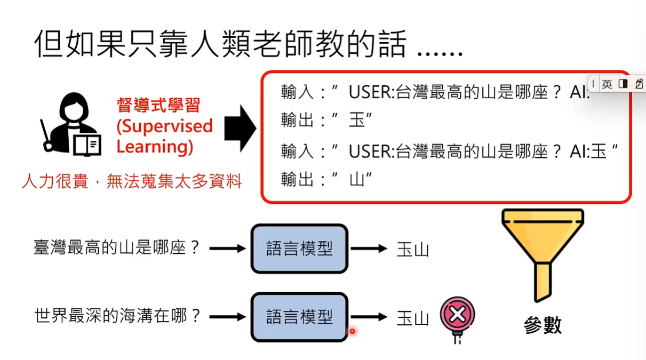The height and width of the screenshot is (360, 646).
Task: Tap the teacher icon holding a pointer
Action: click(x=69, y=124)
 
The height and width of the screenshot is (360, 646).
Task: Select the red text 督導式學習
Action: click(x=158, y=105)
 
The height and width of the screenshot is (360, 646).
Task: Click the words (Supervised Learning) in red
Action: click(x=164, y=136)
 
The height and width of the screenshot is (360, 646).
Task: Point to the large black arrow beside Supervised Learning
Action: click(x=240, y=128)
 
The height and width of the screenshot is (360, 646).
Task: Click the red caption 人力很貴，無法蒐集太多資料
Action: click(x=132, y=182)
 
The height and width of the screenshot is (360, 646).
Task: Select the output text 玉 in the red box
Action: click(x=356, y=121)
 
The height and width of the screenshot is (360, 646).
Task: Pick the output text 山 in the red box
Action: click(x=356, y=180)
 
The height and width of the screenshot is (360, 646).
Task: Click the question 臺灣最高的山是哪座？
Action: click(x=117, y=247)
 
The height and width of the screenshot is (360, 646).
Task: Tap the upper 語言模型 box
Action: click(x=299, y=249)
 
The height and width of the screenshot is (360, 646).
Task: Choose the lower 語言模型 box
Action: click(x=299, y=317)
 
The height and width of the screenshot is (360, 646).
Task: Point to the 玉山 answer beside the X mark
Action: click(x=412, y=318)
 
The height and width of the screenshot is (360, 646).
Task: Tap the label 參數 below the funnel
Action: click(x=543, y=325)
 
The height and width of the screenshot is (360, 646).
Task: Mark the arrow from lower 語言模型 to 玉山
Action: click(x=369, y=317)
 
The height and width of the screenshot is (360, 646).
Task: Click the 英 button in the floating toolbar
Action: click(x=607, y=84)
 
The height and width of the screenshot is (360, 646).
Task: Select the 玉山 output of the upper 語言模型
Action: click(x=412, y=249)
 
